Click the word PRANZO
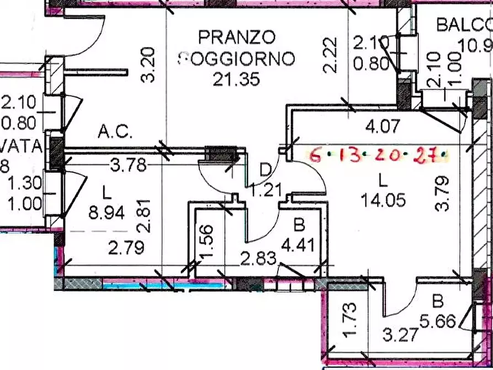236,38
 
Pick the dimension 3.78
129,165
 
